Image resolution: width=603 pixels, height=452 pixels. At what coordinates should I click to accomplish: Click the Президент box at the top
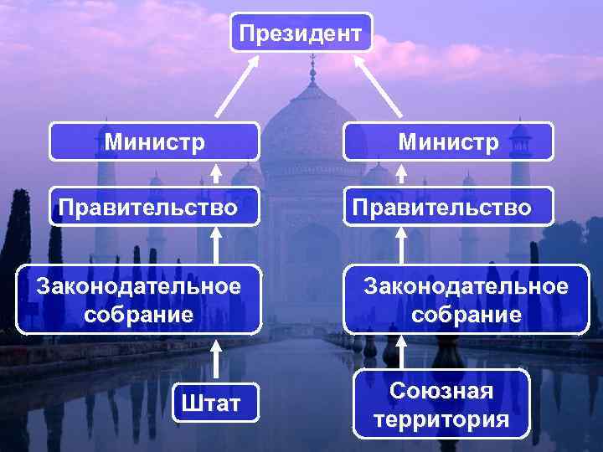click(x=301, y=33)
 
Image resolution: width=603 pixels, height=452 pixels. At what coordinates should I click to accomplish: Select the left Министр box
click(x=154, y=141)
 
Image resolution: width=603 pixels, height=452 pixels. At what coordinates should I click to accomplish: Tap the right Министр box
click(x=448, y=141)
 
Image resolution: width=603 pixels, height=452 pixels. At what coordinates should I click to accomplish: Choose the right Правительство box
click(x=448, y=206)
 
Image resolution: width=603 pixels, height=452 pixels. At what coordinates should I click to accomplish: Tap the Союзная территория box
click(x=441, y=404)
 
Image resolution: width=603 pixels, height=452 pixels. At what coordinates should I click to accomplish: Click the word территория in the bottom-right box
click(x=441, y=419)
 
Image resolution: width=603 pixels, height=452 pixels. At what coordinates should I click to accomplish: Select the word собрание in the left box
click(x=139, y=315)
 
